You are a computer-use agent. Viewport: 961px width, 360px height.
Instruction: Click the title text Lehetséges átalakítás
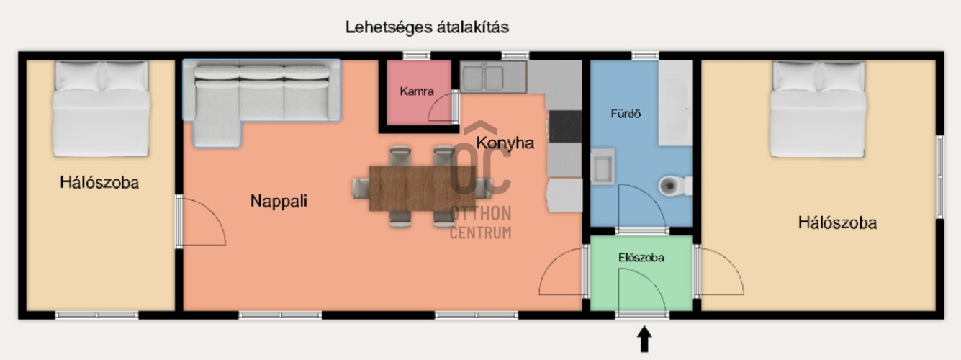(x=428, y=27)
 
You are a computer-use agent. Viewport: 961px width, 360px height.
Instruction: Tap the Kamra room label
(x=417, y=91)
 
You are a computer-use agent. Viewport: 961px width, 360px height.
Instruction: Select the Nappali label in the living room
(x=279, y=201)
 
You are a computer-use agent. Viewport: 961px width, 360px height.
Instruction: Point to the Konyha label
(x=505, y=143)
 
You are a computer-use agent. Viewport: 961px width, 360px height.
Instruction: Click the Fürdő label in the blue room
(x=626, y=114)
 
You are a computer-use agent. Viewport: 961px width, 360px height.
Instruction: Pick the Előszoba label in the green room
(x=641, y=258)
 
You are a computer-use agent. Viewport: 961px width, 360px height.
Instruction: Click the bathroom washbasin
(x=603, y=167)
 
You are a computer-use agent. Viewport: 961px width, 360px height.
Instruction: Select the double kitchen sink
(x=493, y=77)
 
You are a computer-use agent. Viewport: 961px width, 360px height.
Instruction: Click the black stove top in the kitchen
(x=566, y=127)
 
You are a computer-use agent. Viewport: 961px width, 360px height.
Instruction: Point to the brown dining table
(x=422, y=189)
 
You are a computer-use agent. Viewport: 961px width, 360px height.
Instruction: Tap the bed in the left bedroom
(x=101, y=109)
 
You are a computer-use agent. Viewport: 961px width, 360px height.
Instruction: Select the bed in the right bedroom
(x=818, y=109)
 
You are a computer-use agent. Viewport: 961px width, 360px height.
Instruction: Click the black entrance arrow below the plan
(x=644, y=339)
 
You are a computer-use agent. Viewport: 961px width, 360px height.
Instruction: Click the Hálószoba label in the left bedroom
(x=99, y=183)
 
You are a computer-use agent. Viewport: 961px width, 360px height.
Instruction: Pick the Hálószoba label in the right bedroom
(x=837, y=222)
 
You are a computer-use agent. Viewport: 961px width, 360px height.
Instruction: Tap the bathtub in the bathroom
(x=675, y=103)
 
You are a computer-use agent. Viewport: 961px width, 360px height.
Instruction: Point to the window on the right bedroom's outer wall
(x=939, y=177)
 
